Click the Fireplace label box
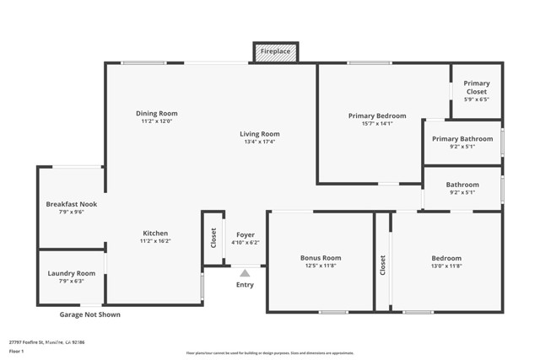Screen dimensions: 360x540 (x=275, y=52)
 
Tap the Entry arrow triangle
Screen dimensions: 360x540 (x=245, y=272)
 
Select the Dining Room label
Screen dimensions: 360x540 (x=157, y=113)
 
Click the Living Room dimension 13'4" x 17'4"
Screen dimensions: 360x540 (x=259, y=142)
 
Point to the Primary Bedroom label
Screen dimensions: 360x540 (x=377, y=116)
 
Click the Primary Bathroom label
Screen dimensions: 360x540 (x=462, y=138)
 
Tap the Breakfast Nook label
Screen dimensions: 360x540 (x=72, y=203)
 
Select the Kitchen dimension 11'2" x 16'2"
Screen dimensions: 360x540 (x=155, y=241)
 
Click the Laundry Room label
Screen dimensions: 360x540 (x=72, y=273)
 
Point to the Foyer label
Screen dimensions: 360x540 (x=246, y=234)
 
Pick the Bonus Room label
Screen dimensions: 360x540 (x=321, y=257)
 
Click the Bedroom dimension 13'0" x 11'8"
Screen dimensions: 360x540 (x=446, y=266)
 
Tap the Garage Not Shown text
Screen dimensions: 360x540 (x=89, y=314)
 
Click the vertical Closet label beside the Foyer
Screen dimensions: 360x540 (x=213, y=238)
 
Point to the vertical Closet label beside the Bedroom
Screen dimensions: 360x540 (x=382, y=266)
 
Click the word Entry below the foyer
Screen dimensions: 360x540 (x=245, y=285)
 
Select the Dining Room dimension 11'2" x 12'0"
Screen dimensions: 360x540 (x=157, y=121)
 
